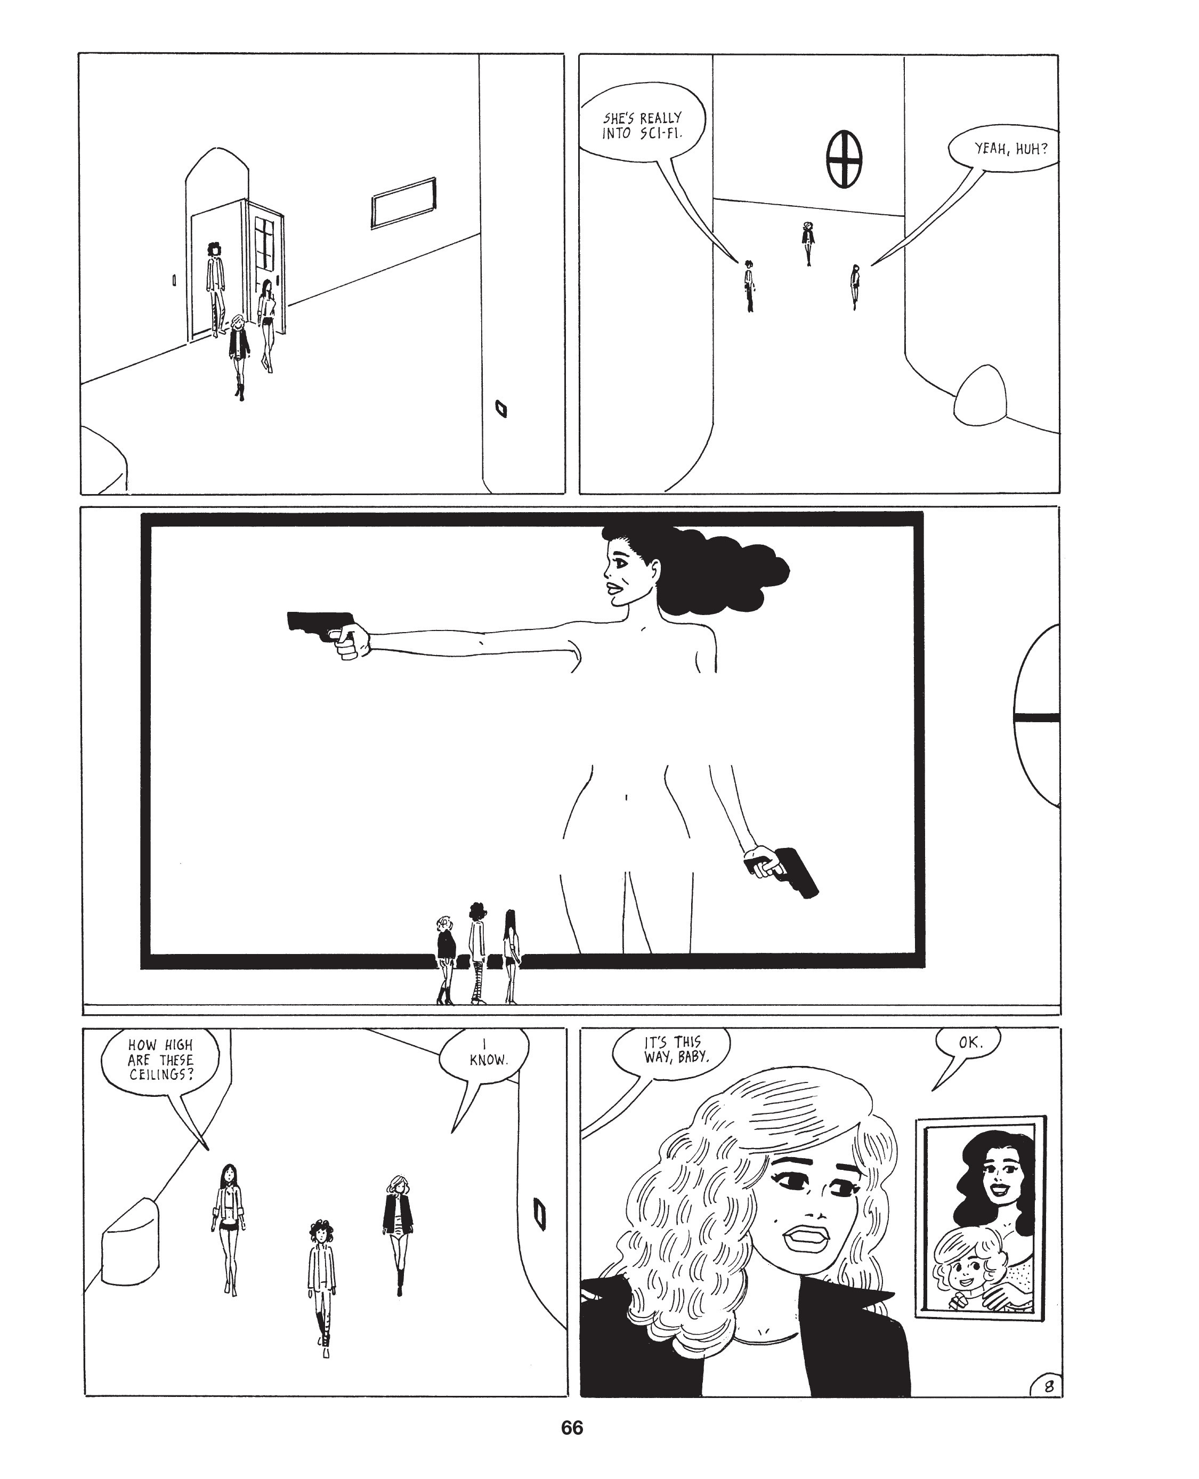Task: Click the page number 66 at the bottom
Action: click(x=572, y=1428)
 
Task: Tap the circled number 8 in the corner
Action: click(x=1048, y=1386)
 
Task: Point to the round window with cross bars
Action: click(x=844, y=158)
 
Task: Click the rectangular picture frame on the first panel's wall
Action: click(x=403, y=203)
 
